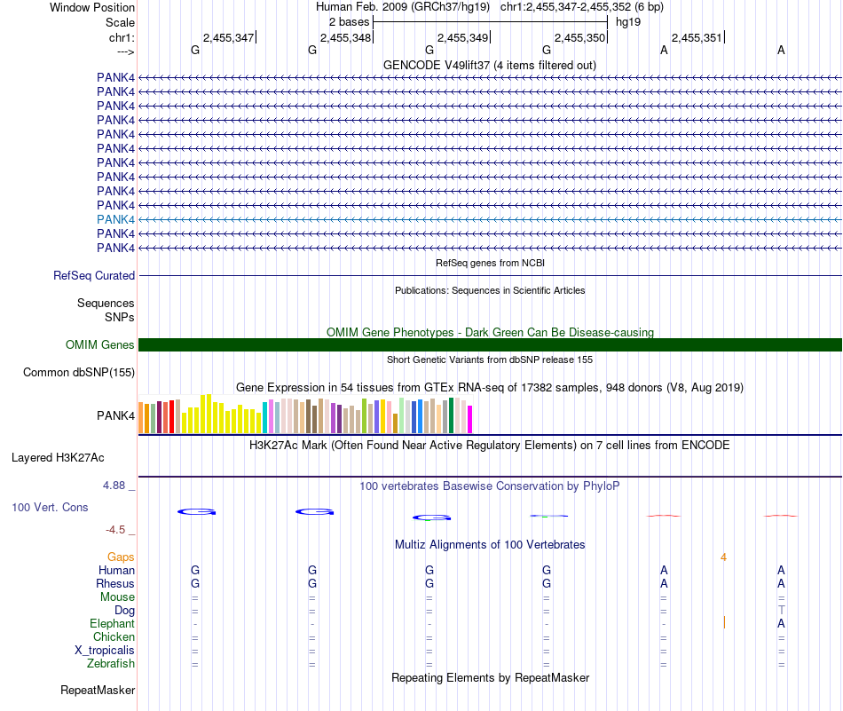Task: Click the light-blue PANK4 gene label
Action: [x=115, y=219]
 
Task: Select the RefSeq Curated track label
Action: [x=94, y=276]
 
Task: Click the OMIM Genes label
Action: [x=100, y=345]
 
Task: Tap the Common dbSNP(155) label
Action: [x=79, y=373]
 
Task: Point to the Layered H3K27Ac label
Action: [x=58, y=458]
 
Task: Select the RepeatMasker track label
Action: [x=98, y=691]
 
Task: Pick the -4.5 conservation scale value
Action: [x=115, y=530]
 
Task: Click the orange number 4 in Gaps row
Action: [x=724, y=557]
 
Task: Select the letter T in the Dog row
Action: [x=781, y=611]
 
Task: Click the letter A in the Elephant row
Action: [x=781, y=624]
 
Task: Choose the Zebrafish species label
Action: [x=111, y=664]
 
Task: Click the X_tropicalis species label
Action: [x=105, y=651]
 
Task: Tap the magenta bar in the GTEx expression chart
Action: [x=470, y=419]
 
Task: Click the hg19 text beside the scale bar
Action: [x=628, y=20]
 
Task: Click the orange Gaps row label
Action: [x=121, y=557]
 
